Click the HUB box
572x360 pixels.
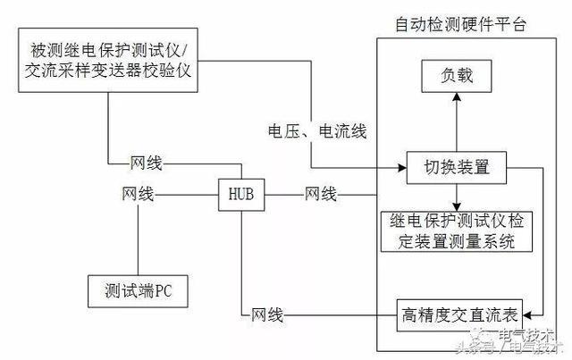[x=242, y=193]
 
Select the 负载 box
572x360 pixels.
[x=457, y=75]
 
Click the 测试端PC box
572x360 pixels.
[x=139, y=290]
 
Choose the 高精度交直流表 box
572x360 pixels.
[x=458, y=314]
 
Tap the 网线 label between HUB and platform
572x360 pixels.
[x=320, y=193]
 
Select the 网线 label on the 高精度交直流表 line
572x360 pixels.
[x=266, y=314]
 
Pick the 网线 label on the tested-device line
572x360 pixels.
[x=146, y=164]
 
